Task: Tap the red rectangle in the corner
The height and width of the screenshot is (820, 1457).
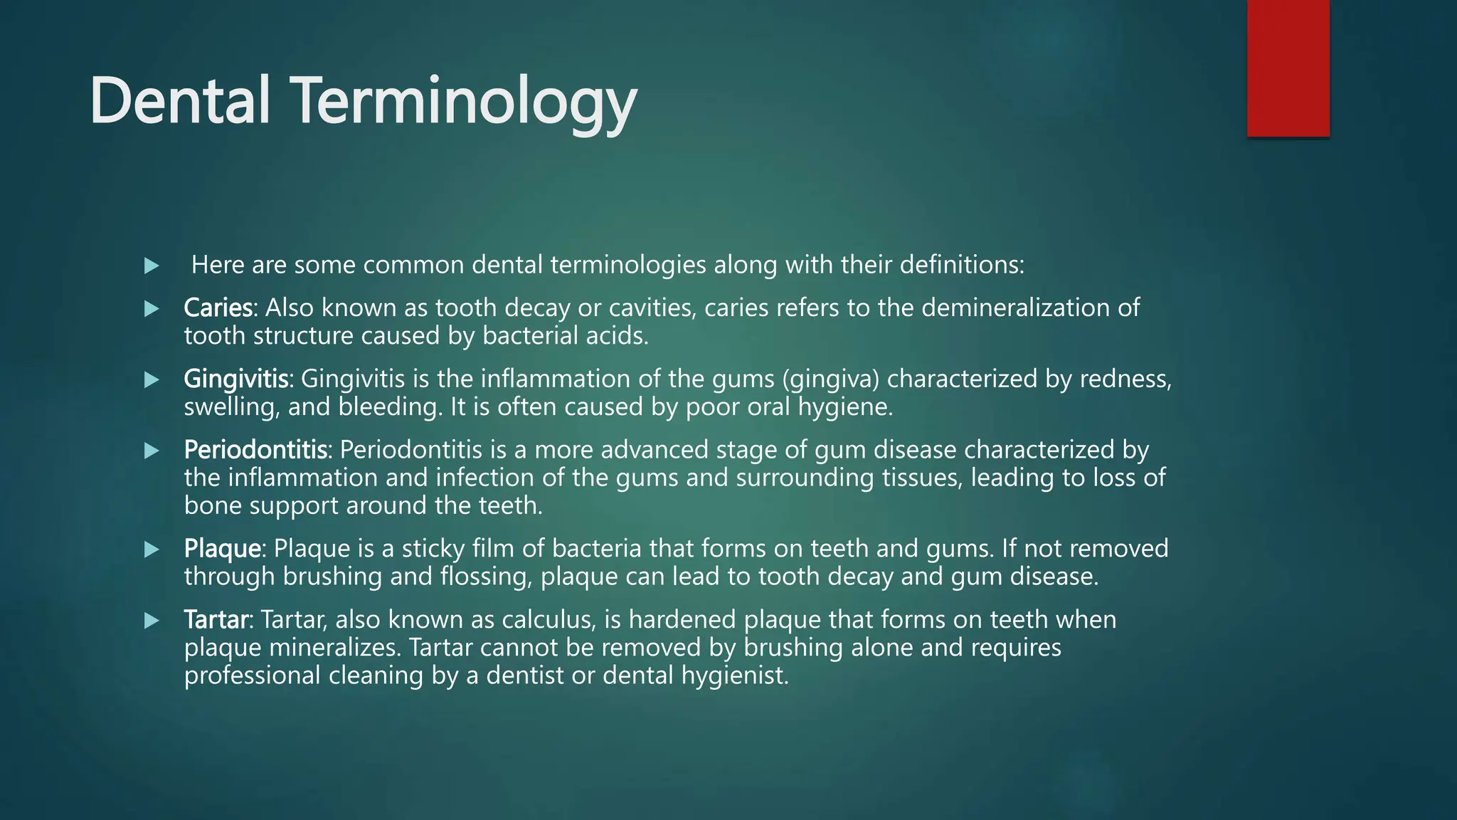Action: click(x=1288, y=68)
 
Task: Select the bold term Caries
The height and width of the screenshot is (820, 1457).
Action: click(x=218, y=307)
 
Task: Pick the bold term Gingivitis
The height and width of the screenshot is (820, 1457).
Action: click(x=236, y=379)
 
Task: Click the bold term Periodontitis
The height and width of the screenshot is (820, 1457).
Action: click(x=255, y=450)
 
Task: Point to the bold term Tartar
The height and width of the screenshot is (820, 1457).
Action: click(x=216, y=620)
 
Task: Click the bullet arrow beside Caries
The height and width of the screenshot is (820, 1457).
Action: click(x=152, y=309)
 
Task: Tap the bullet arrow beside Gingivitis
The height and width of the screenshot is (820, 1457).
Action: click(x=152, y=380)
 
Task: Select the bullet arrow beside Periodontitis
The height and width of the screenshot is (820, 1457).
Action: click(x=152, y=451)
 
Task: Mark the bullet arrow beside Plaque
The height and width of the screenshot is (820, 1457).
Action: click(x=152, y=550)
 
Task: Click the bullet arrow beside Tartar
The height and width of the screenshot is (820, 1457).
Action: click(x=152, y=621)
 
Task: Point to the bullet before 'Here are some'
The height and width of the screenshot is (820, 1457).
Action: click(x=152, y=266)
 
